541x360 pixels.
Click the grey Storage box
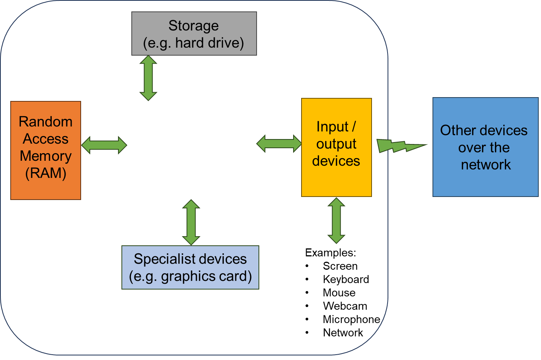tap(194, 34)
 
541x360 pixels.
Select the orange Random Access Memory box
tap(46, 150)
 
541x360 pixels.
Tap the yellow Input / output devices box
tap(336, 147)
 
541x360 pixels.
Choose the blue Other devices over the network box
tap(485, 147)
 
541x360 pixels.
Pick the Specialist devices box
tap(190, 267)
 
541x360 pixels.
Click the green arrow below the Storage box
tap(148, 78)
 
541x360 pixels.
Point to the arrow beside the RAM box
tap(104, 145)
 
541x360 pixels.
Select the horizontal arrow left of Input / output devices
tap(279, 144)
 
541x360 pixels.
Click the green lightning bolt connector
tap(400, 146)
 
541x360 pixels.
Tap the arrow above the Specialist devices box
tap(191, 222)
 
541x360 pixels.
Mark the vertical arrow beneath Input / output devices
tap(336, 221)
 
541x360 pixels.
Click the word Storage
tap(193, 26)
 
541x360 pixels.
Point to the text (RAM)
tap(46, 173)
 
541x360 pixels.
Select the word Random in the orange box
tap(46, 122)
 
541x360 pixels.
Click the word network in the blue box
tap(486, 165)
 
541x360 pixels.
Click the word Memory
tap(46, 156)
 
